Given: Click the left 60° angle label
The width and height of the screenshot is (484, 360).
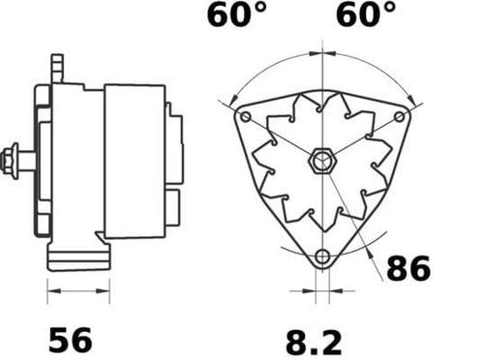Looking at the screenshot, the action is coord(236,15).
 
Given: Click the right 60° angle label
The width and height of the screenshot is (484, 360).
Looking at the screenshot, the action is coord(366,15).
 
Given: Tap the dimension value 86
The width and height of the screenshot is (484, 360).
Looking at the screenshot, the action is coord(408,268).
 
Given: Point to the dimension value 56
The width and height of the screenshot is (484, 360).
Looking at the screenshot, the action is coord(70,340).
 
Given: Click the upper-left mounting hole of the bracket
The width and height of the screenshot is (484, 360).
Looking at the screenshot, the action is coord(246,116).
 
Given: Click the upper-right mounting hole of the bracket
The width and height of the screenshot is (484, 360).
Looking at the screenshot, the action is coord(400,116).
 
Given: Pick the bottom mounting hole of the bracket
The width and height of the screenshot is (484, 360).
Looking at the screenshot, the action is coord(322,257).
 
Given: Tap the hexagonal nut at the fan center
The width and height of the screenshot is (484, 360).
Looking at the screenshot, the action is coord(323,161).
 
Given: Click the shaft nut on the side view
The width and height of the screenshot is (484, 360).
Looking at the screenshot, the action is coord(11,161).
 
